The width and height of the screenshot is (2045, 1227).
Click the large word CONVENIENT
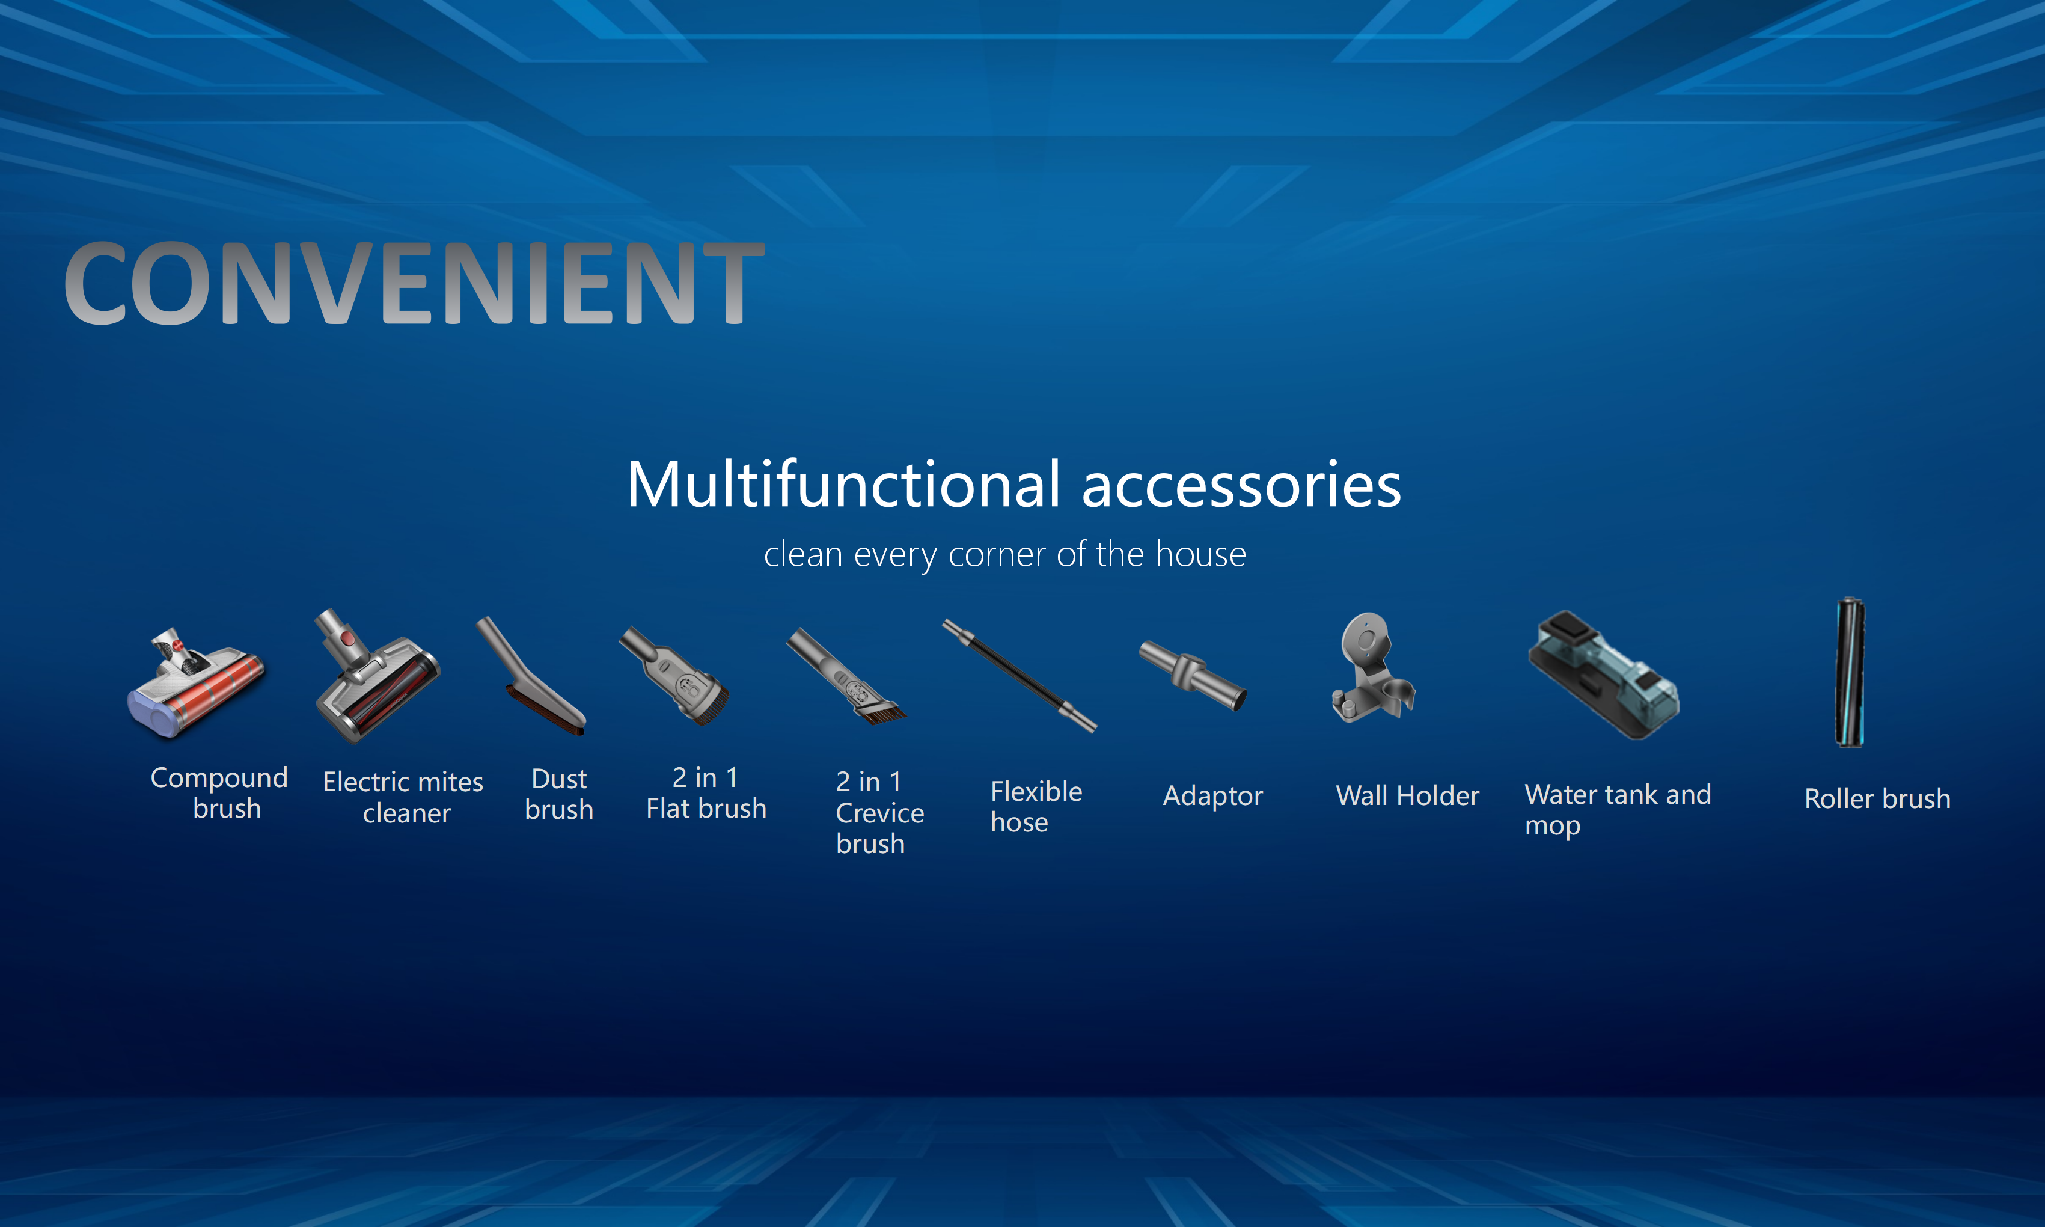point(414,284)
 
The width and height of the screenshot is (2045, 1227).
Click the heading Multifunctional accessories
point(1013,485)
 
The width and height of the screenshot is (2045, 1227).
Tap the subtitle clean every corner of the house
point(1004,554)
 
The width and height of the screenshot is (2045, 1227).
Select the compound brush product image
point(196,682)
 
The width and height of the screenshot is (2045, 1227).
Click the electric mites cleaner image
point(378,676)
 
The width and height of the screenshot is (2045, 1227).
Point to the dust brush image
point(531,676)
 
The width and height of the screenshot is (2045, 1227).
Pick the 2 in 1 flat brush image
point(674,676)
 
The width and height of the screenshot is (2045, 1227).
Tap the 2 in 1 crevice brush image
point(846,676)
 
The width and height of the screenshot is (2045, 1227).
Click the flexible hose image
point(1019,676)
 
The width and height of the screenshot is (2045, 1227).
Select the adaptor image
point(1193,675)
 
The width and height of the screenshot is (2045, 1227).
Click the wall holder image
point(1372,668)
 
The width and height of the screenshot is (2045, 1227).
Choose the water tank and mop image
point(1604,675)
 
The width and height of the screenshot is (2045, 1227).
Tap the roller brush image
point(1850,672)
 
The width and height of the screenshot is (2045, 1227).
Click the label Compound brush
point(219,793)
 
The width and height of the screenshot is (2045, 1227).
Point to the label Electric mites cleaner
point(403,797)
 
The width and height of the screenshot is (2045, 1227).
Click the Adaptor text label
point(1212,796)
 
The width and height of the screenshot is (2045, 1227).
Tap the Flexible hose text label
point(1036,807)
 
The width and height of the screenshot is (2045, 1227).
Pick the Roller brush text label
point(1877,799)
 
